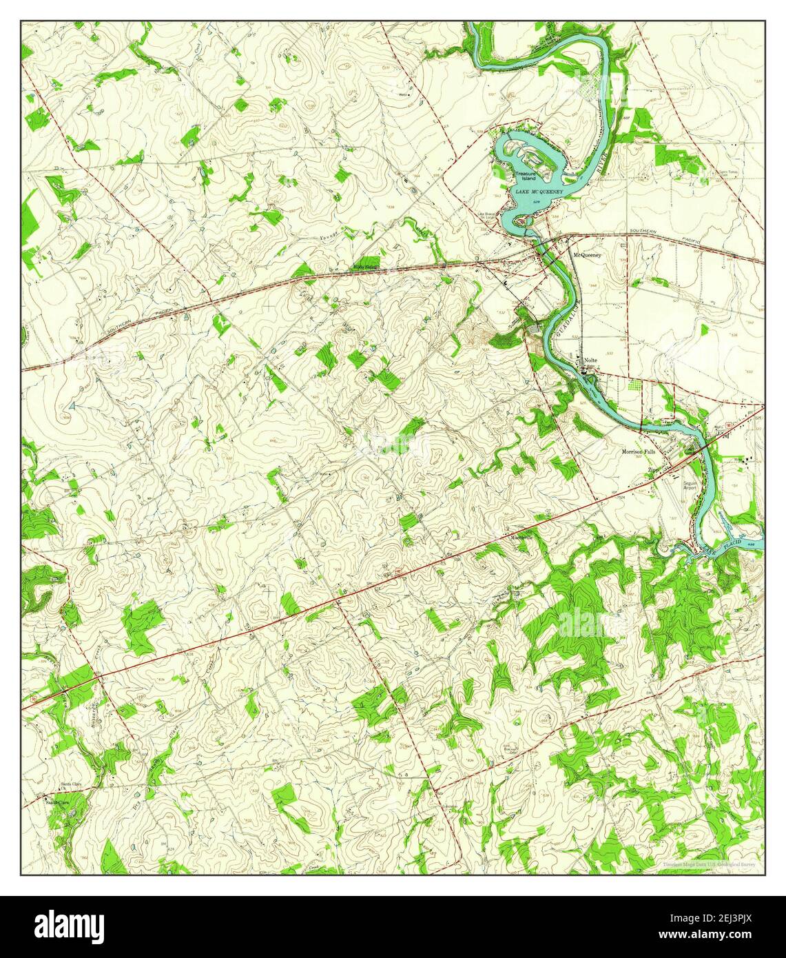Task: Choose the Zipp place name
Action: click(x=652, y=469)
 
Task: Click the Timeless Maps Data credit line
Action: click(x=709, y=864)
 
